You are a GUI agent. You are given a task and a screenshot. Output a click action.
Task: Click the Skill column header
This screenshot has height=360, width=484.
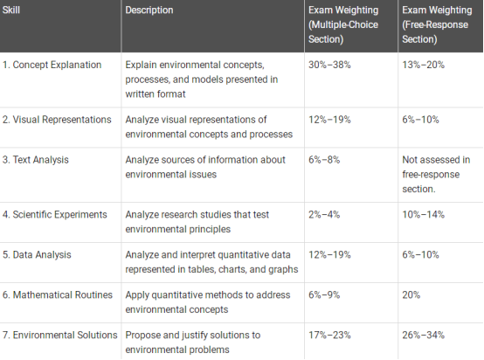click(x=11, y=10)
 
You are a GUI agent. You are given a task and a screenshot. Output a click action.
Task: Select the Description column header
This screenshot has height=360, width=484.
click(x=149, y=10)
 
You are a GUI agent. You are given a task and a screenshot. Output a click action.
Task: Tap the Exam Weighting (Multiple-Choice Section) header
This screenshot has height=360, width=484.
click(x=343, y=24)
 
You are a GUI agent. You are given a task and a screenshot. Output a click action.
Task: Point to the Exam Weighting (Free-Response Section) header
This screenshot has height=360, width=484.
click(x=437, y=24)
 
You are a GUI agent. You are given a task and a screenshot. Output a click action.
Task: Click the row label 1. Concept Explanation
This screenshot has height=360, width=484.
click(x=52, y=65)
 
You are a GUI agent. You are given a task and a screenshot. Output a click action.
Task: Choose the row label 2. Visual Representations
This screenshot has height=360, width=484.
click(x=57, y=120)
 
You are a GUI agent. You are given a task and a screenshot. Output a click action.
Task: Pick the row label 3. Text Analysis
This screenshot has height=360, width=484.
click(x=36, y=160)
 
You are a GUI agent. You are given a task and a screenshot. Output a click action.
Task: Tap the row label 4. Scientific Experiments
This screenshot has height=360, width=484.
click(x=55, y=215)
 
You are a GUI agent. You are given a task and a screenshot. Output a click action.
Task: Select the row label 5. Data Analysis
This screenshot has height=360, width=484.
click(x=37, y=255)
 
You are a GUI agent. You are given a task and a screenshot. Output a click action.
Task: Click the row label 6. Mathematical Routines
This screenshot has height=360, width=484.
click(x=58, y=294)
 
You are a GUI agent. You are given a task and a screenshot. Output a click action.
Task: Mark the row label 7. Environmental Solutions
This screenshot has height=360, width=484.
click(x=60, y=335)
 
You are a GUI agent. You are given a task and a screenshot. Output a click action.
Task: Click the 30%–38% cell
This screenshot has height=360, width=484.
click(x=329, y=65)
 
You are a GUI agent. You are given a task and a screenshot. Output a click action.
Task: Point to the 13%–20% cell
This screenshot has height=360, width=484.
click(x=423, y=65)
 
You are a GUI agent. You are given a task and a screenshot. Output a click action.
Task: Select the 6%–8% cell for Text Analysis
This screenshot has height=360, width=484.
click(x=324, y=160)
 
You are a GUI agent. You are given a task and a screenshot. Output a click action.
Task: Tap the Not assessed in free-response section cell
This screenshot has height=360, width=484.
click(x=436, y=175)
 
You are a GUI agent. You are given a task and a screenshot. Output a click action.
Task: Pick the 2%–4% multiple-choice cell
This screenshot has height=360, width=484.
click(x=324, y=215)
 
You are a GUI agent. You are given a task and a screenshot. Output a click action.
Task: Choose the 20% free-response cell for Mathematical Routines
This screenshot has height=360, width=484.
click(x=411, y=294)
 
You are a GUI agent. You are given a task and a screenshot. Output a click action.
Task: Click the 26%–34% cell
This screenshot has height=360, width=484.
click(x=423, y=335)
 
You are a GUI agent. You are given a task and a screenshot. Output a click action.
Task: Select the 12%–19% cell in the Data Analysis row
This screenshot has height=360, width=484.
click(x=329, y=255)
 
